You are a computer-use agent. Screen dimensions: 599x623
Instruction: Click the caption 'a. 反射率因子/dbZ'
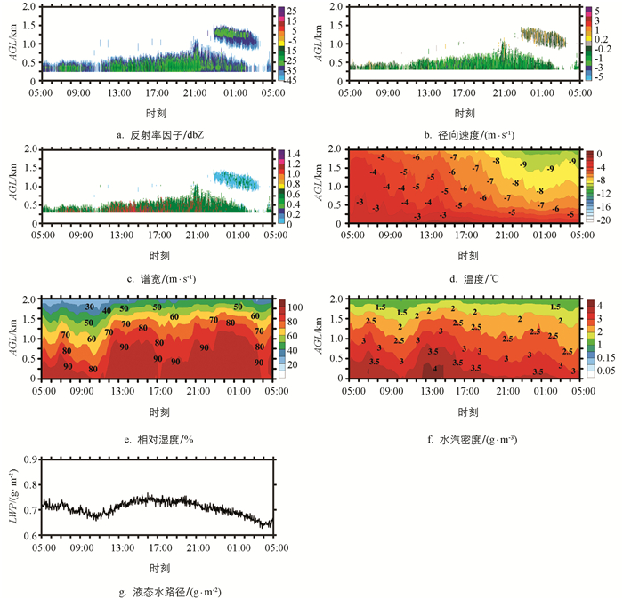tap(155, 134)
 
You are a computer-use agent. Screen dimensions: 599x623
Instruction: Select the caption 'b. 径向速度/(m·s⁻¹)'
tap(465, 134)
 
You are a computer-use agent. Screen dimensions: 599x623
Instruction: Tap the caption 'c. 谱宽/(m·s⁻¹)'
tap(155, 279)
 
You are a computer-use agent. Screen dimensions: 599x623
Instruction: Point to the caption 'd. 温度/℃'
tap(465, 279)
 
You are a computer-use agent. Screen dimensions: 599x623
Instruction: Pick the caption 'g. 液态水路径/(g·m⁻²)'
tap(155, 590)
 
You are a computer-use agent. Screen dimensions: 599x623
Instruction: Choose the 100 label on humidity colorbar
tap(295, 306)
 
